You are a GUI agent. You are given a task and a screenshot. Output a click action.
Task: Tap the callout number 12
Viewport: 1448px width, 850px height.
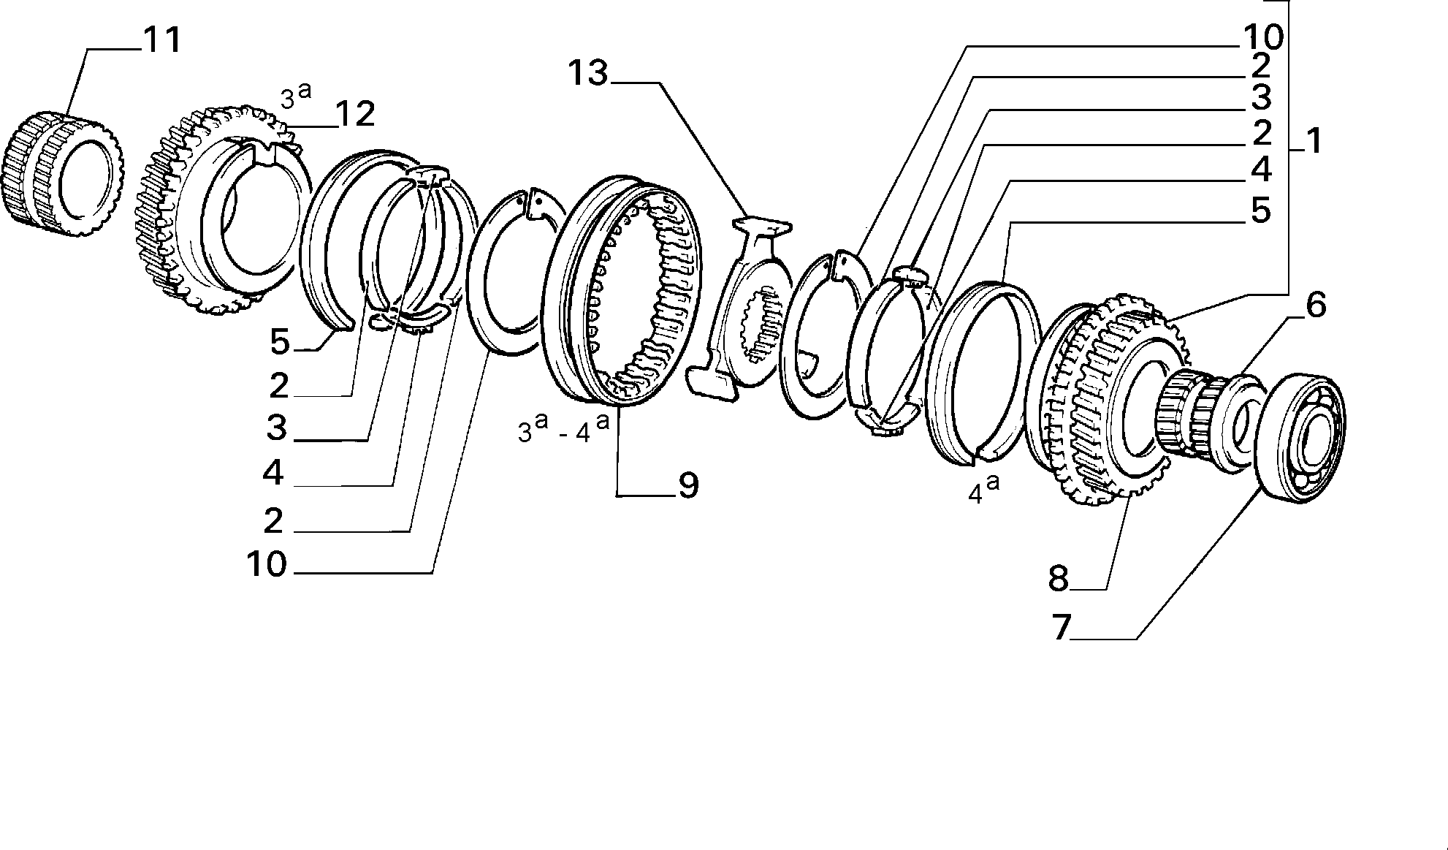coord(355,114)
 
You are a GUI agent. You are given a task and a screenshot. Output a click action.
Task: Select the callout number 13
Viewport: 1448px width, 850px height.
coord(588,73)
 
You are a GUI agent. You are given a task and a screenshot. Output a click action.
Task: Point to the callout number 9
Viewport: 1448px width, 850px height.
coord(688,485)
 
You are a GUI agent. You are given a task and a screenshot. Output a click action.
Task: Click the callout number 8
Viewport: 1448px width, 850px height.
coord(1059,578)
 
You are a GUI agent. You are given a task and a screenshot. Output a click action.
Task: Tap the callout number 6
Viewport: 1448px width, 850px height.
coord(1315,306)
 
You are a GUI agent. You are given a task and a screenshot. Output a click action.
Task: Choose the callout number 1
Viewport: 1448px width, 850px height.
coord(1314,140)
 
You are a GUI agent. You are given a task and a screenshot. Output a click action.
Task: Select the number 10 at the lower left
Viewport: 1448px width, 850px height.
coord(267,564)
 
